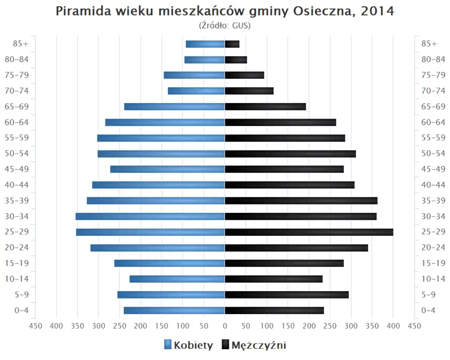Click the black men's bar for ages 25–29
(309, 232)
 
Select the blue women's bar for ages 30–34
(150, 217)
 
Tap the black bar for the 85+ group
(232, 44)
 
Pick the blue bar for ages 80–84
(205, 60)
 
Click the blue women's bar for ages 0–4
(174, 310)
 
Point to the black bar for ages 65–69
(265, 107)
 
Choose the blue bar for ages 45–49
(167, 169)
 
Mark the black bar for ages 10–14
(274, 279)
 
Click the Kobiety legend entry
(188, 345)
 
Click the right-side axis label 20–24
(433, 247)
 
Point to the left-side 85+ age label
(21, 44)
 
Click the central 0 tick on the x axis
(225, 326)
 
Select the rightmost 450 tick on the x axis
(414, 326)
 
